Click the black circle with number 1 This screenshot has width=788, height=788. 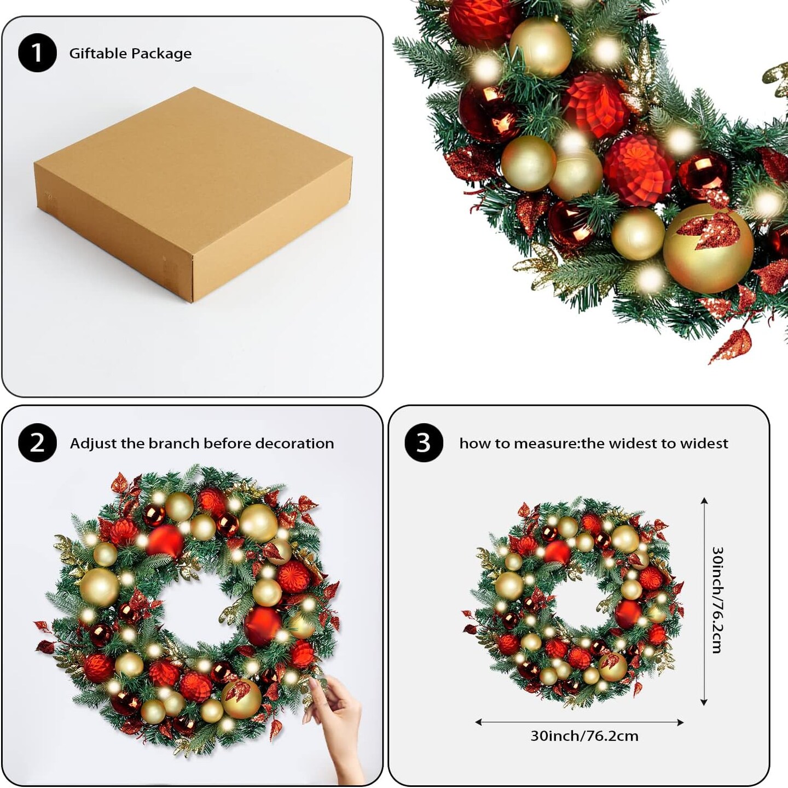[x=37, y=52]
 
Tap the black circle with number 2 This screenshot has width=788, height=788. [x=37, y=443]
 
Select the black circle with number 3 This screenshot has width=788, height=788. [x=424, y=443]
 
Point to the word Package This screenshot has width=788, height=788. [x=161, y=54]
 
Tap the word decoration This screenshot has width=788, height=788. [x=294, y=443]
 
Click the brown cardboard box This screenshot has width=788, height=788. [x=193, y=194]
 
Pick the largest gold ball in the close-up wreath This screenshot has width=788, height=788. [x=708, y=249]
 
